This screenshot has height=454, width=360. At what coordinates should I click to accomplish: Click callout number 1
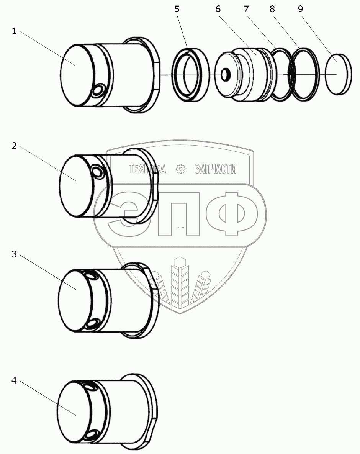click(x=14, y=31)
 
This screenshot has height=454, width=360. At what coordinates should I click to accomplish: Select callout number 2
click(x=14, y=146)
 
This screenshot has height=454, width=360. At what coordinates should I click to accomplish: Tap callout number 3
click(x=14, y=254)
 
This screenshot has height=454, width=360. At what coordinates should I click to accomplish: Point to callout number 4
click(x=14, y=380)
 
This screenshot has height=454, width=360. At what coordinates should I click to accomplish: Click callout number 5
click(x=177, y=9)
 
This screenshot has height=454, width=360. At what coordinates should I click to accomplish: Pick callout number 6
click(x=218, y=9)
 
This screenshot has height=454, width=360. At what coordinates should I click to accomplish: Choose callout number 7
click(x=246, y=9)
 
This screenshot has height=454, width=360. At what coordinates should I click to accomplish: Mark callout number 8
click(x=272, y=9)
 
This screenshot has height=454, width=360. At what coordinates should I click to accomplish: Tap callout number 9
click(x=300, y=9)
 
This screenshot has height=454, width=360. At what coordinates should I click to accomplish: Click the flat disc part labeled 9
click(x=338, y=74)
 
